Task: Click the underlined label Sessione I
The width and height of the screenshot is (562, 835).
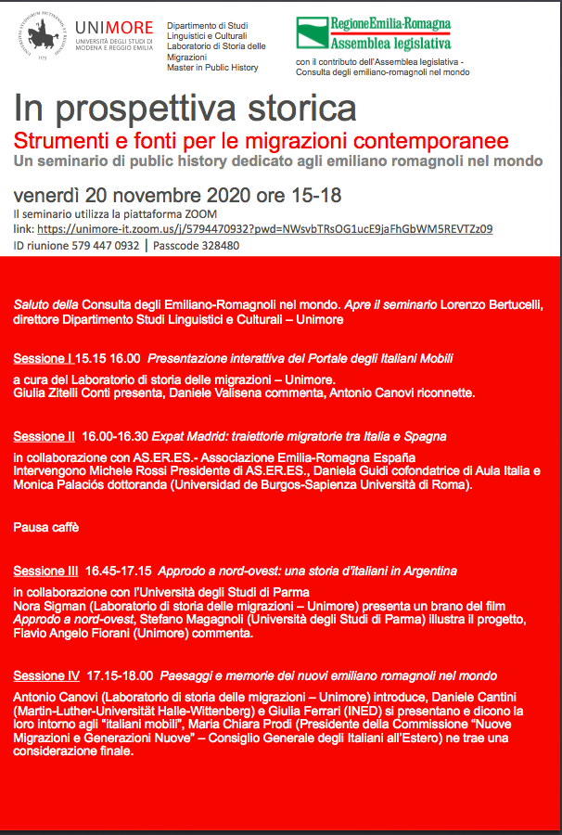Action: [x=43, y=358]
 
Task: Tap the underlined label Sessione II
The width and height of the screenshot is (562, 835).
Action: [x=45, y=436]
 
